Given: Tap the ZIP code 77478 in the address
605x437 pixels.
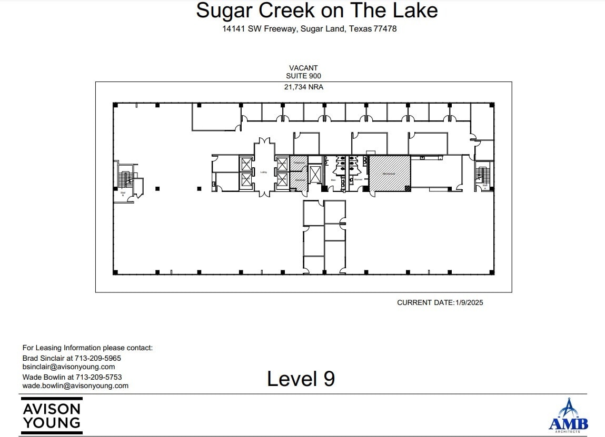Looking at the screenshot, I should (x=384, y=29).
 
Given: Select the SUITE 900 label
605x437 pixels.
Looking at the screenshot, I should (x=303, y=76).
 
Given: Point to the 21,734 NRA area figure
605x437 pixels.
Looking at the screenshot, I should (x=303, y=87).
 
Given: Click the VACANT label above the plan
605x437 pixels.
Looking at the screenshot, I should (x=303, y=68).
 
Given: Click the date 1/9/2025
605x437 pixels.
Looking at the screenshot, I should (x=469, y=302).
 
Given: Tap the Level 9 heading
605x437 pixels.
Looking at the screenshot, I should (x=301, y=379).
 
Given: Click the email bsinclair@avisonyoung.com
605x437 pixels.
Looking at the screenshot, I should (x=68, y=367).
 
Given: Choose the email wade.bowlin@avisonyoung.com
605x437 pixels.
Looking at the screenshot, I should (x=75, y=385).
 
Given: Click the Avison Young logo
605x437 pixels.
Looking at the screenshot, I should (x=52, y=415).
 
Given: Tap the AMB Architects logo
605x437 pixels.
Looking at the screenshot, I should (x=568, y=416).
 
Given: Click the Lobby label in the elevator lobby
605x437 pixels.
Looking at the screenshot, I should (x=264, y=172).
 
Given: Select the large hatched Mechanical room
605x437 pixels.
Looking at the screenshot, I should (x=389, y=173).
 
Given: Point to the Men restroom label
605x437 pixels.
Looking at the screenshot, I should (x=333, y=180).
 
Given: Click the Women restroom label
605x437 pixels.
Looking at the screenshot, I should (x=358, y=180).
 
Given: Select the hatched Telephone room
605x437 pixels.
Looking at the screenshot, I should (x=299, y=164).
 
